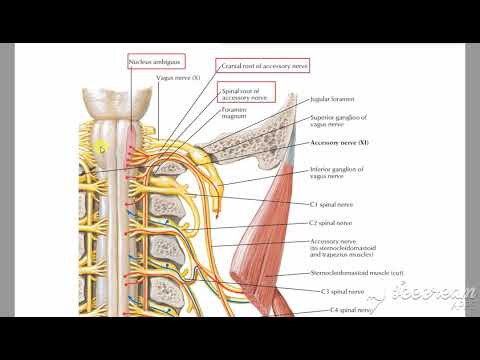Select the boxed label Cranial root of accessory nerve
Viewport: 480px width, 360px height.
(x=266, y=65)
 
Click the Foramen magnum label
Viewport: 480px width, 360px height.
(x=235, y=115)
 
